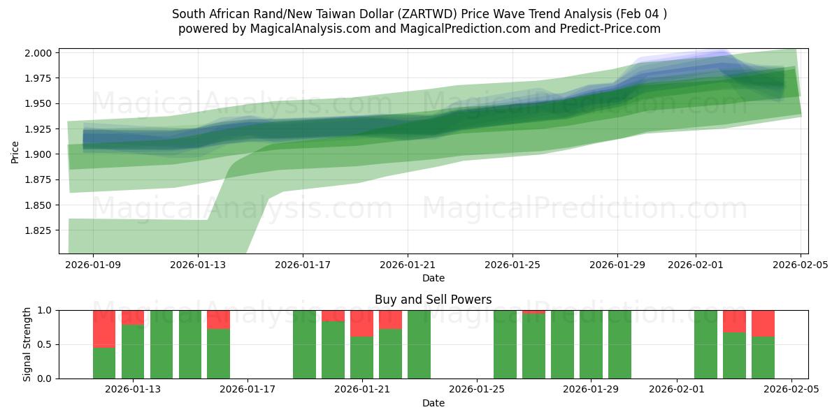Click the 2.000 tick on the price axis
tap(38, 53)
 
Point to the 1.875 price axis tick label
tap(38, 179)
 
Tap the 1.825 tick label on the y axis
tap(38, 230)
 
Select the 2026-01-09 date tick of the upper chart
tap(93, 265)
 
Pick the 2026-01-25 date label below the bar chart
tap(477, 390)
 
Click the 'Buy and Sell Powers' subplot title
tap(433, 300)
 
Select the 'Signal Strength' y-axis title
tap(27, 344)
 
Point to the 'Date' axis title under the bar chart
tap(433, 403)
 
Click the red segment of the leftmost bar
tap(104, 328)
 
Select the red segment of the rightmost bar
tap(763, 323)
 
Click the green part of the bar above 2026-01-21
tap(361, 358)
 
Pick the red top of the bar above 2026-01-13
tap(133, 317)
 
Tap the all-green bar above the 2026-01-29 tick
tap(591, 344)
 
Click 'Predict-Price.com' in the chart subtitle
tap(613, 29)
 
